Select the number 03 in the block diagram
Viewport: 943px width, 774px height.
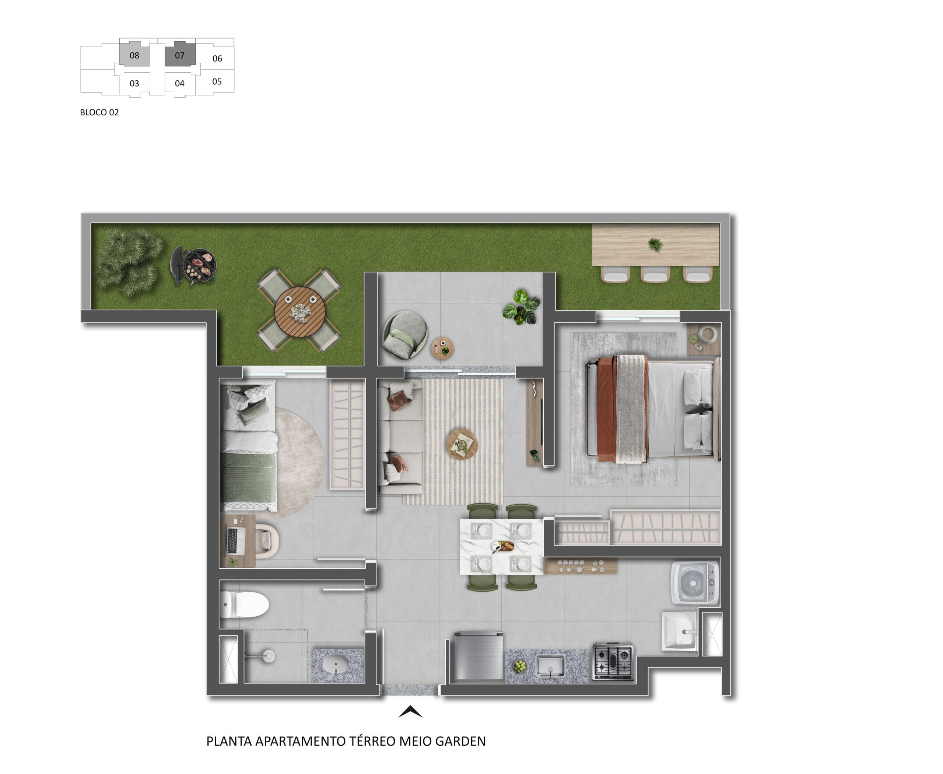[x=134, y=83]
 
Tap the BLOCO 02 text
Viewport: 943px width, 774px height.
[x=99, y=112]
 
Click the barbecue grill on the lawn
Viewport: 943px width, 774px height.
[x=193, y=265]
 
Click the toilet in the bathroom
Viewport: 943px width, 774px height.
[x=244, y=604]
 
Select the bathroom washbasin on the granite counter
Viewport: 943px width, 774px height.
[x=336, y=665]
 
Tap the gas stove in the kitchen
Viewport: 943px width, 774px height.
[x=613, y=661]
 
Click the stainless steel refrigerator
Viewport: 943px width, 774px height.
[x=478, y=655]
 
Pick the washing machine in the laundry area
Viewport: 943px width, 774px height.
[x=695, y=583]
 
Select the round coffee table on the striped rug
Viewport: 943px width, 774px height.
[x=463, y=444]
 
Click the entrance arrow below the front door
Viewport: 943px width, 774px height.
[x=410, y=712]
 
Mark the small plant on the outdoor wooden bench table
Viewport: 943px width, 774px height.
[x=655, y=244]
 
